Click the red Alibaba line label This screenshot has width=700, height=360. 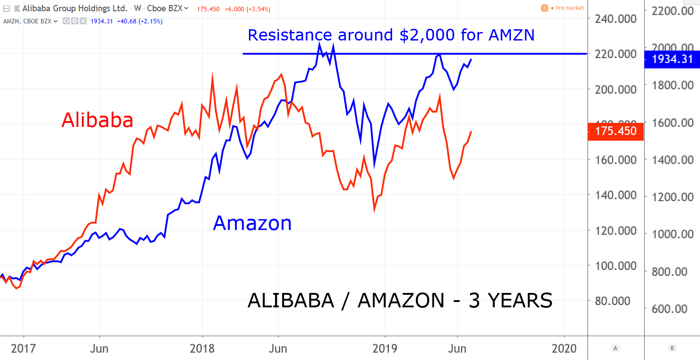97,120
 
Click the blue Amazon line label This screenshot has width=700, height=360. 252,223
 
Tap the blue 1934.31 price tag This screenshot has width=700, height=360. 672,59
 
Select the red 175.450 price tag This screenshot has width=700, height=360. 616,131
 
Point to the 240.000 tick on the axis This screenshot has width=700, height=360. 616,19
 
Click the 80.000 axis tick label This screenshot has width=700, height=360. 616,301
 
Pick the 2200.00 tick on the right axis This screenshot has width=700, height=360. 673,11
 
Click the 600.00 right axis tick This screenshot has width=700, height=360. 673,309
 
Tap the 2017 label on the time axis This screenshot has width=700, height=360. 23,349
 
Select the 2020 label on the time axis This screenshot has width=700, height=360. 564,349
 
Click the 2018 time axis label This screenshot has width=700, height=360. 202,349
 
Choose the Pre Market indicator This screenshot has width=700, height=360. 569,8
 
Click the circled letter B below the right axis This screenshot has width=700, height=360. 672,348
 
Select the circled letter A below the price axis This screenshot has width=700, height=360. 615,348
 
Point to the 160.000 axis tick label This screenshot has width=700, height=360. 616,160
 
